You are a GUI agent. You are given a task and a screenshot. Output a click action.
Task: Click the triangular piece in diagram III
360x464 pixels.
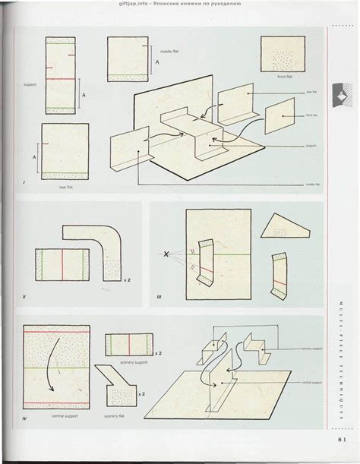[284, 227]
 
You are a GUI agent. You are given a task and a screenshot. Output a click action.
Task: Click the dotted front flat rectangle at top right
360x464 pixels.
[283, 55]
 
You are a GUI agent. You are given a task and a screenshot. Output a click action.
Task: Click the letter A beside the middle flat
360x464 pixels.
[156, 63]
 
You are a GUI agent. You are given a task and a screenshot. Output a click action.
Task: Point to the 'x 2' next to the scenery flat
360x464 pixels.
[142, 394]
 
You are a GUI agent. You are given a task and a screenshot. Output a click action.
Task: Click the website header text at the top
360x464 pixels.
[180, 4]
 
